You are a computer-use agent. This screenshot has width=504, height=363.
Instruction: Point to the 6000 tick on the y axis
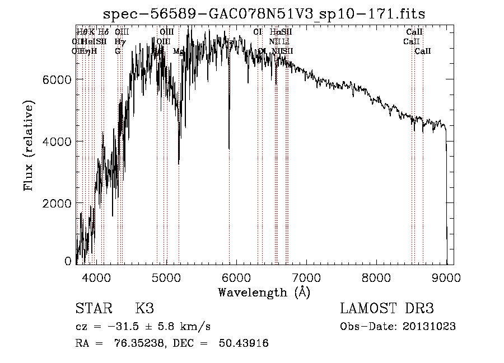(58, 79)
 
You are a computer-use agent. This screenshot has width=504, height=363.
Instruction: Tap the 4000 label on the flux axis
(58, 142)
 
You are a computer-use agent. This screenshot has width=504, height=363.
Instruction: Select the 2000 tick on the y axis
(58, 204)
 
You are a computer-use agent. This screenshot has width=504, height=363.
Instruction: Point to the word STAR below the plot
(93, 309)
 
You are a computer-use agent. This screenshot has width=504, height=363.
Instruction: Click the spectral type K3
(144, 309)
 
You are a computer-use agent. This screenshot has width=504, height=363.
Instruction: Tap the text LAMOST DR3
(387, 309)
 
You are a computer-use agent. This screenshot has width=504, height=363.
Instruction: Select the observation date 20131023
(430, 327)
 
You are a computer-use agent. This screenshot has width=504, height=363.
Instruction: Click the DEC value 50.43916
(242, 343)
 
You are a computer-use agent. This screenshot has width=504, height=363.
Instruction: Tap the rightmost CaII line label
(423, 51)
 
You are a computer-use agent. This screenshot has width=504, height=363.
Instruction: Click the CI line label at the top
(258, 32)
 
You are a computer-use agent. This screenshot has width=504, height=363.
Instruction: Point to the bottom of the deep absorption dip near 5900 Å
(228, 148)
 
